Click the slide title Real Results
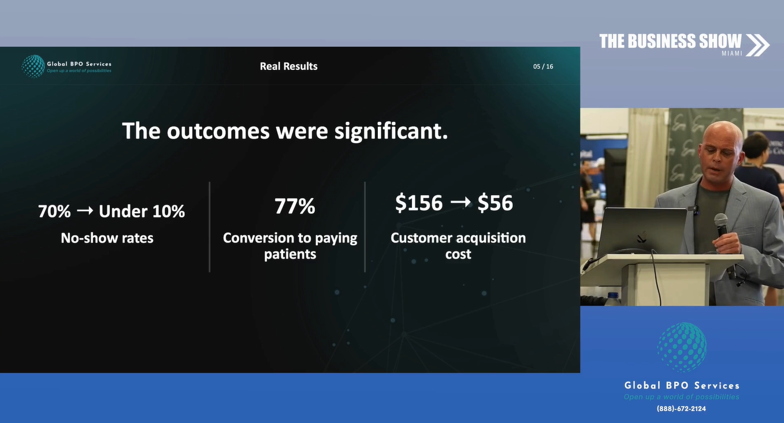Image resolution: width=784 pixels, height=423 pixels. pyautogui.click(x=288, y=66)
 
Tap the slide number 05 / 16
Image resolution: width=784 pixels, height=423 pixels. pyautogui.click(x=543, y=66)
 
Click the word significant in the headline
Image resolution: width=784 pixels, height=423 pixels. pyautogui.click(x=391, y=131)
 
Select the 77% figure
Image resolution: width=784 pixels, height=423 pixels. pyautogui.click(x=295, y=206)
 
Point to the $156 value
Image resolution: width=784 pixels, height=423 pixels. pyautogui.click(x=419, y=203)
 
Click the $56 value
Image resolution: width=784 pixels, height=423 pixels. pyautogui.click(x=495, y=203)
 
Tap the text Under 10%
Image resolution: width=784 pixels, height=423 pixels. pyautogui.click(x=142, y=211)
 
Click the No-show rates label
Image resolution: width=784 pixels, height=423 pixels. pyautogui.click(x=107, y=238)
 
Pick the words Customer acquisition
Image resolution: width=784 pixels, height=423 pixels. pyautogui.click(x=458, y=238)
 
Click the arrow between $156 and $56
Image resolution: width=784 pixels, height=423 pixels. pyautogui.click(x=460, y=202)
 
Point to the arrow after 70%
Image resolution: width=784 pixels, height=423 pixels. pyautogui.click(x=85, y=211)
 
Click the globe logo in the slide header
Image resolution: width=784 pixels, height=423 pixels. pyautogui.click(x=34, y=66)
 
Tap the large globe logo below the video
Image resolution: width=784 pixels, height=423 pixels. pyautogui.click(x=681, y=347)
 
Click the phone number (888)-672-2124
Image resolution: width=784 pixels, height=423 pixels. pyautogui.click(x=681, y=409)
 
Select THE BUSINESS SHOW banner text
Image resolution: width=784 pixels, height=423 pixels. pyautogui.click(x=670, y=41)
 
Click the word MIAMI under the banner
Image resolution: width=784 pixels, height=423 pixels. pyautogui.click(x=732, y=54)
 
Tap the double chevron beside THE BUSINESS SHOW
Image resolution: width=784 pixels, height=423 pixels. pyautogui.click(x=758, y=45)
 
